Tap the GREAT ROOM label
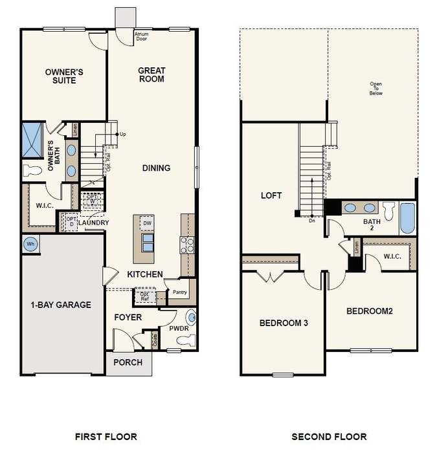[151, 74]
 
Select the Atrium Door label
[142, 36]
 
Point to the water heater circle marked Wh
[30, 244]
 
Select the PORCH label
[128, 362]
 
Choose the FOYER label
[128, 317]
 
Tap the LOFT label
[271, 195]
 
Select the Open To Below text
[375, 89]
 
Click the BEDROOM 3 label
[283, 322]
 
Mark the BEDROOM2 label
[370, 311]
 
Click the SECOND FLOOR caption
[329, 436]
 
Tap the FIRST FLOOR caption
[106, 436]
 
